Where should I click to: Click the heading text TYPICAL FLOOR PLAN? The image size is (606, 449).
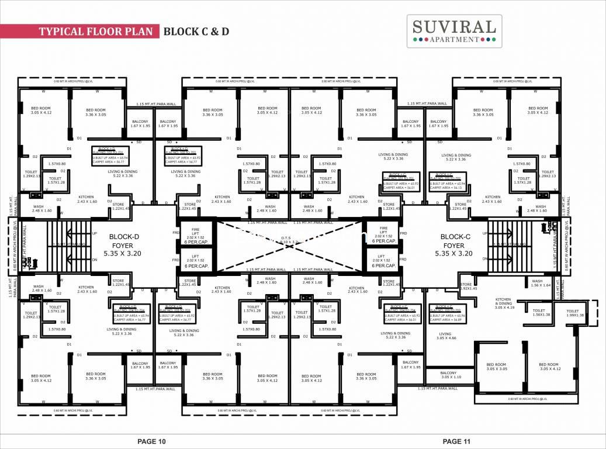click(96, 32)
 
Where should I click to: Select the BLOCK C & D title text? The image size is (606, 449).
click(196, 32)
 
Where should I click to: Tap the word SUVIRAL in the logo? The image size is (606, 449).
click(454, 26)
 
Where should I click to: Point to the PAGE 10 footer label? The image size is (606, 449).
click(152, 441)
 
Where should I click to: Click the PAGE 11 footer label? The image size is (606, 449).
click(457, 441)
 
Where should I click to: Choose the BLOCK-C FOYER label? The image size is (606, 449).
click(453, 245)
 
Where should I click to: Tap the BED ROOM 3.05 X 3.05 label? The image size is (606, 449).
click(497, 366)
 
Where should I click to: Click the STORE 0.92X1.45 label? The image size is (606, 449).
click(469, 286)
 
